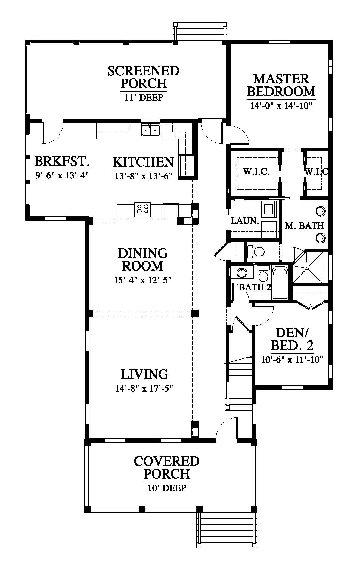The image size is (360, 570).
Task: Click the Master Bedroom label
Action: click(281, 85)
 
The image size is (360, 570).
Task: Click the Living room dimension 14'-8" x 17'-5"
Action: click(144, 388)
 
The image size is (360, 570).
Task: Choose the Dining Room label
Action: click(143, 259)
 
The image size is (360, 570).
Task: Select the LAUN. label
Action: click(245, 221)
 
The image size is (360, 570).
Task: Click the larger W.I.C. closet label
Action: click(256, 172)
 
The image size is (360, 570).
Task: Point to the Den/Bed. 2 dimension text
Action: click(292, 360)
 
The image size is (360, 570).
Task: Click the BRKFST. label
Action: click(62, 162)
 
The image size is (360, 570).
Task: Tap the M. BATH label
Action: click(304, 225)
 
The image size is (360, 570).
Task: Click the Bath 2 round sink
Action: click(241, 272)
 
